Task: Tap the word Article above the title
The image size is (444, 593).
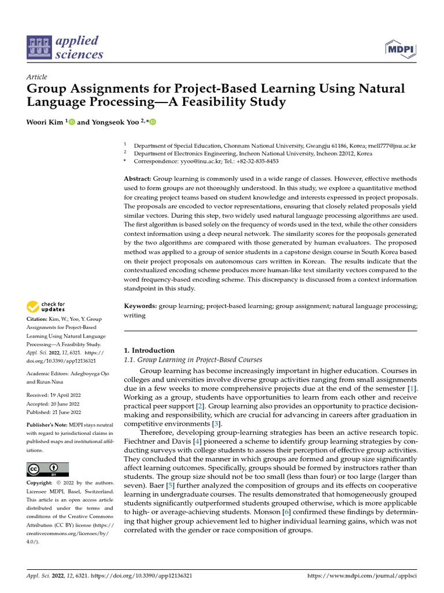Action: pos(37,77)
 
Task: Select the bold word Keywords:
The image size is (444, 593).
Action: pos(141,305)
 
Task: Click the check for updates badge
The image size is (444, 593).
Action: pos(46,307)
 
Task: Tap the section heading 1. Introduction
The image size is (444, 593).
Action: pos(150,350)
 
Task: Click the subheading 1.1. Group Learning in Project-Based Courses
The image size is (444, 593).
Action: pos(194,360)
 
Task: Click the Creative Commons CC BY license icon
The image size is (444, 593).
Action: pos(48,468)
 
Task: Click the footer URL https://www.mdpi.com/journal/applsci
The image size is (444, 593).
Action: pos(362,576)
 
